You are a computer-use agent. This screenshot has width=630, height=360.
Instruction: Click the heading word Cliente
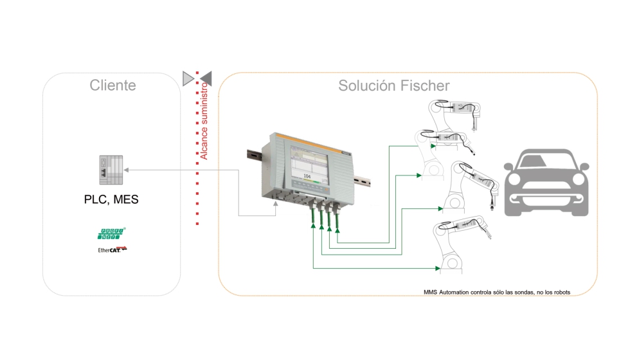tap(113, 85)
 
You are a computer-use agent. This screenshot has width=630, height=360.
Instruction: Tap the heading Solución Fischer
tap(394, 85)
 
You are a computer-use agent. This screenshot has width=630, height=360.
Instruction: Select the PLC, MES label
tap(111, 199)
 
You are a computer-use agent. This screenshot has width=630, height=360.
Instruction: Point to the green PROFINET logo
tap(111, 233)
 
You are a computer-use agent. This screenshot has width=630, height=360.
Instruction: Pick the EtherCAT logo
tap(112, 249)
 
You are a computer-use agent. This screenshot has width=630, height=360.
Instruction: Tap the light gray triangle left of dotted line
tap(188, 78)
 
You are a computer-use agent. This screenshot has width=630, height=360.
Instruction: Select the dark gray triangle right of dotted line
tap(206, 78)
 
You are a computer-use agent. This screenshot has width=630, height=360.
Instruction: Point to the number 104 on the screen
tap(307, 175)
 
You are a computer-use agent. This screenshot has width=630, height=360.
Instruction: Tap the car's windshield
tap(546, 161)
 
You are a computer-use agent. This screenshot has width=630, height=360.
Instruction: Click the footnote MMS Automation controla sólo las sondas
tap(496, 292)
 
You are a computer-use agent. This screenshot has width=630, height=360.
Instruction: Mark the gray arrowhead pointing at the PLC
tap(125, 170)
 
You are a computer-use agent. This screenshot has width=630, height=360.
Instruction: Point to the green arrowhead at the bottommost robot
tap(439, 267)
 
